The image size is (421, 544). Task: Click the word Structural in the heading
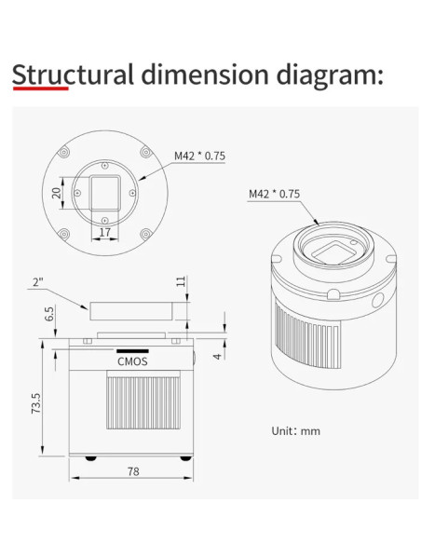pyautogui.click(x=73, y=75)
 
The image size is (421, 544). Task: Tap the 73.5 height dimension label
pyautogui.click(x=36, y=402)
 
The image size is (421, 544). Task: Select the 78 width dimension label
pyautogui.click(x=133, y=471)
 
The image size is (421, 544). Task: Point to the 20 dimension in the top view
pyautogui.click(x=56, y=193)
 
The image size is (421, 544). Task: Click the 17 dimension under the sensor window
pyautogui.click(x=104, y=232)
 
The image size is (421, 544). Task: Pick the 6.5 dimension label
pyautogui.click(x=49, y=314)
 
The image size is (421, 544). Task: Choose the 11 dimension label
pyautogui.click(x=181, y=281)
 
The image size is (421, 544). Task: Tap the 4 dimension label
pyautogui.click(x=217, y=357)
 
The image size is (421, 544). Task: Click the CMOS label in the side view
pyautogui.click(x=132, y=361)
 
